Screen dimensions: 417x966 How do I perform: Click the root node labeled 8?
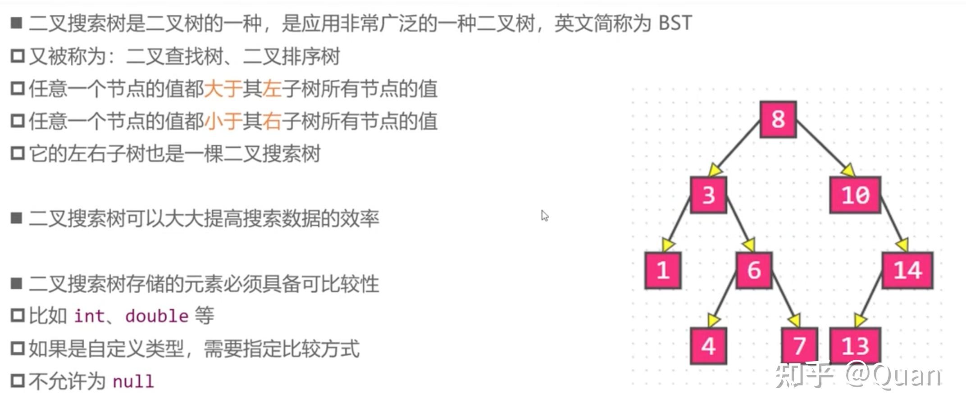click(778, 119)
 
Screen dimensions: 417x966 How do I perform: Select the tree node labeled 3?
click(708, 195)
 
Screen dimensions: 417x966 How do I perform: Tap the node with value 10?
click(855, 195)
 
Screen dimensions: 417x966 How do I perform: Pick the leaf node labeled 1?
click(662, 270)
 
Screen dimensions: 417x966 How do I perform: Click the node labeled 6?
click(754, 270)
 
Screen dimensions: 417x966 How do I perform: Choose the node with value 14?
click(907, 270)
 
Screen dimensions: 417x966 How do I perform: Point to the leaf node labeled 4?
click(708, 346)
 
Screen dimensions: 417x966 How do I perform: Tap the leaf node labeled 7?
click(799, 346)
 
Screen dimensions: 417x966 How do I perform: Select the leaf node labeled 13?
click(855, 346)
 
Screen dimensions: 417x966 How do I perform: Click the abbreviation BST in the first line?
click(674, 23)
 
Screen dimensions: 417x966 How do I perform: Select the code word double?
click(157, 316)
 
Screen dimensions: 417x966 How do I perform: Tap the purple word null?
click(133, 381)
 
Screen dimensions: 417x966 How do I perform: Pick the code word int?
click(89, 316)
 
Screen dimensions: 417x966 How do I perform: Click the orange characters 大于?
click(223, 89)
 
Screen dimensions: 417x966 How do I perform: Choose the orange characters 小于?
click(223, 121)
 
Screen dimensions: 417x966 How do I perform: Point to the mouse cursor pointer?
click(544, 215)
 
